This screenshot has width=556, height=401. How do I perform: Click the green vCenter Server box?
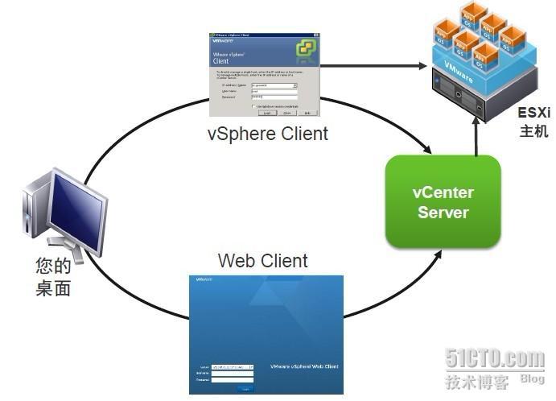click(x=443, y=201)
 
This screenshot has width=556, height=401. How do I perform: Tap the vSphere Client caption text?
click(x=267, y=134)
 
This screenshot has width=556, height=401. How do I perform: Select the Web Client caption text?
click(x=262, y=261)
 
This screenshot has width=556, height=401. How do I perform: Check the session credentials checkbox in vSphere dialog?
click(x=253, y=106)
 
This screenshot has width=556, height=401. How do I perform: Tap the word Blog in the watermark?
click(x=532, y=379)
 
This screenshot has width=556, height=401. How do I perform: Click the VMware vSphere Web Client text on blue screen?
click(x=304, y=366)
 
